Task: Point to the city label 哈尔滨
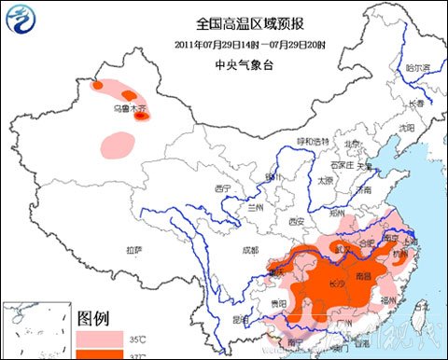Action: (x=419, y=68)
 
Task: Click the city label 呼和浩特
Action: (x=314, y=141)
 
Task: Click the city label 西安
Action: (x=297, y=221)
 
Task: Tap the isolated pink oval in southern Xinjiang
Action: (x=118, y=144)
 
